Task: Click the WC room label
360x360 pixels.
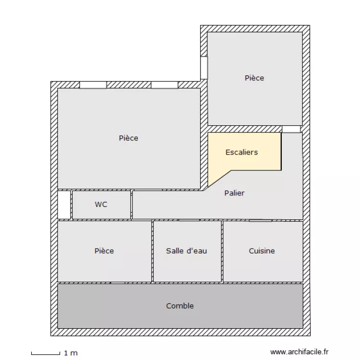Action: pos(101,204)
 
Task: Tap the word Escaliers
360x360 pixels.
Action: pos(241,152)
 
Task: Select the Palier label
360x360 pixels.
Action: pos(234,193)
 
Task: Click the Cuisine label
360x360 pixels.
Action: pos(262,251)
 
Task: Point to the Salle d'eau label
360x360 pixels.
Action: pos(186,251)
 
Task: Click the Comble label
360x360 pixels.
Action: pos(180,306)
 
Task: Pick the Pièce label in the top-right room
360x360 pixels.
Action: pos(254,78)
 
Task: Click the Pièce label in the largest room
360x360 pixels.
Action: pos(128,138)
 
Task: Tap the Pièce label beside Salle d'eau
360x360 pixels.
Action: pos(104,251)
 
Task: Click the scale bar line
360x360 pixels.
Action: pos(46,354)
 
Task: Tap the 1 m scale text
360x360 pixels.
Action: pos(71,353)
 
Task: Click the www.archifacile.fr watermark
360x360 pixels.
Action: pos(300,352)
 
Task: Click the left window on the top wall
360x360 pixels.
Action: pos(93,85)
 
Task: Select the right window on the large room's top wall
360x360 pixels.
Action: pos(165,85)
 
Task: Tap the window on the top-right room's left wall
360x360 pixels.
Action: pos(204,68)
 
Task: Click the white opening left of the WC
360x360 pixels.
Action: pos(64,205)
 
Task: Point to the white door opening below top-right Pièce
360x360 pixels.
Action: pos(291,129)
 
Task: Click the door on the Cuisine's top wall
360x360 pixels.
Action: pos(260,220)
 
